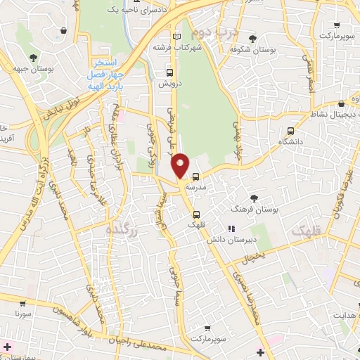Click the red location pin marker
tap(181, 165)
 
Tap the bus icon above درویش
tap(169, 72)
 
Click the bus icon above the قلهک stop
tap(196, 214)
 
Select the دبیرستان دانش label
tap(229, 240)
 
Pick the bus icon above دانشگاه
tap(290, 130)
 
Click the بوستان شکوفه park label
tap(252, 49)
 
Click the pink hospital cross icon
tap(8, 347)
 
